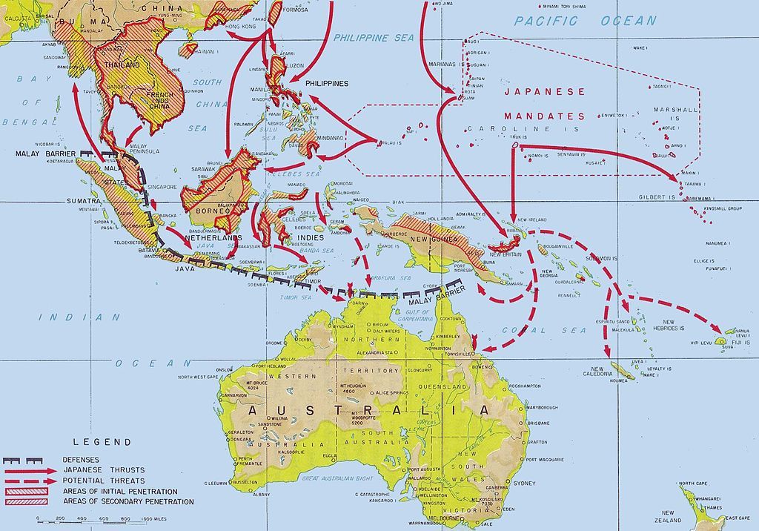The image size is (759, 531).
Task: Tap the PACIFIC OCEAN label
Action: (x=586, y=21)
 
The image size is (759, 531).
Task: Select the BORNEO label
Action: (x=208, y=210)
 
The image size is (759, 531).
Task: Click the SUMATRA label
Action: (x=84, y=201)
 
